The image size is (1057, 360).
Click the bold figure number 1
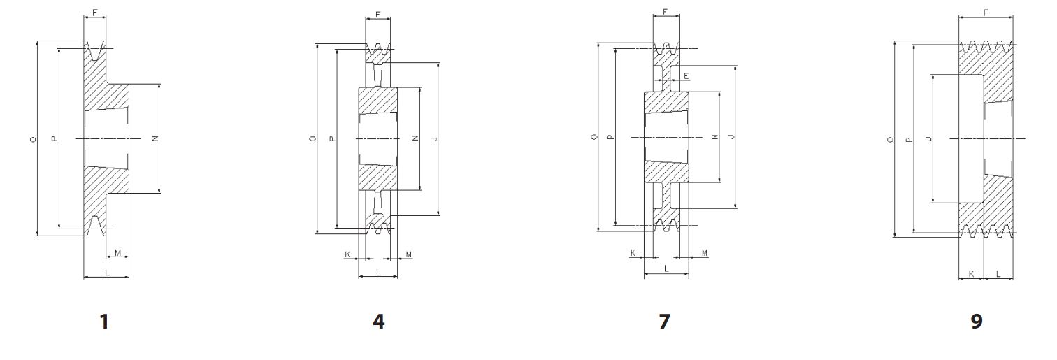(104, 322)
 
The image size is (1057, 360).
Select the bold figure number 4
(378, 322)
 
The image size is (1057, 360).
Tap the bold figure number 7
(664, 322)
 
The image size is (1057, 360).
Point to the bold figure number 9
(977, 322)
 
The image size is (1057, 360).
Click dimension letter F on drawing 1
(94, 12)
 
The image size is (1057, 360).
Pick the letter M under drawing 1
(117, 252)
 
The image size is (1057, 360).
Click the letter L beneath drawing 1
(106, 273)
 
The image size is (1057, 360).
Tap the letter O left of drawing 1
(32, 140)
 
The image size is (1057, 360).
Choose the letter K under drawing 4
(347, 254)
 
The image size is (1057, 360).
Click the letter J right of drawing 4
(434, 139)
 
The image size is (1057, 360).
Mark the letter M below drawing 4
(408, 254)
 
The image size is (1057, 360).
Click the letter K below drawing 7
(633, 252)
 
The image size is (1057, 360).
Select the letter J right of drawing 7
(731, 138)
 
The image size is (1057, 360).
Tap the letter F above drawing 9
(985, 12)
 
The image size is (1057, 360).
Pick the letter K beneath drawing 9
(971, 274)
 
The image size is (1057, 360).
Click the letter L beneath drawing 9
(998, 274)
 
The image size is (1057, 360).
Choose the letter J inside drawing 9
(928, 139)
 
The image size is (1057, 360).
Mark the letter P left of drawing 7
(610, 137)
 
